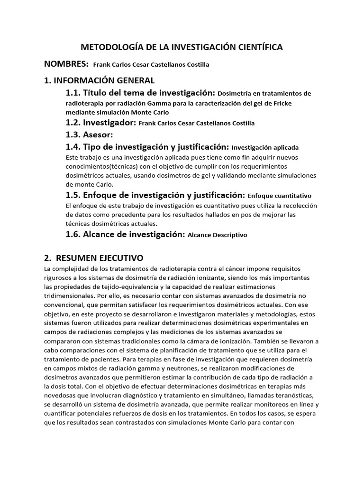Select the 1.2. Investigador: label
(100, 123)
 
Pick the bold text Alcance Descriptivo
(217, 235)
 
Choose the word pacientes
(107, 359)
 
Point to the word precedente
(95, 215)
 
